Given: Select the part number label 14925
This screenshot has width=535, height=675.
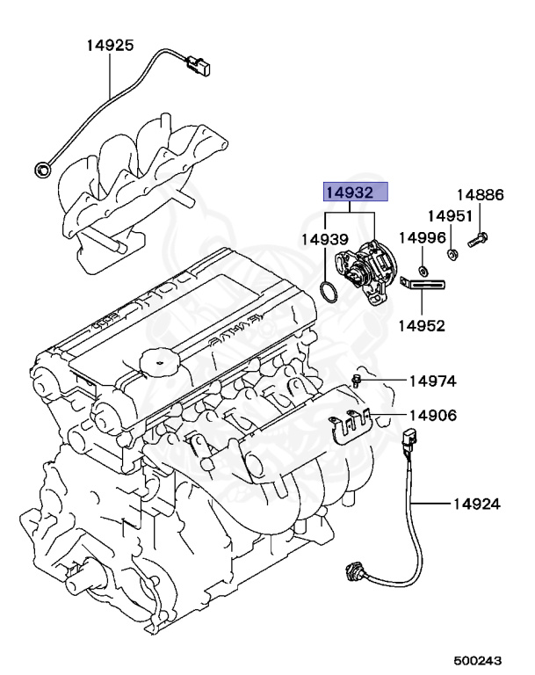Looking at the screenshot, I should coord(110,43).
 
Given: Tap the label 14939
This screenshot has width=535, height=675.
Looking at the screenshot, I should coord(325,238).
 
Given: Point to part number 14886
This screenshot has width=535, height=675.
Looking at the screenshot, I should coord(479,195).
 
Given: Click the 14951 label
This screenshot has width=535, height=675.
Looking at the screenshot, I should coord(450,216).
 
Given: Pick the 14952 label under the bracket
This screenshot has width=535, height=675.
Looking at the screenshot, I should coord(423,325).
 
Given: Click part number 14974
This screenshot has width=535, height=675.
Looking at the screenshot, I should coord(431,381).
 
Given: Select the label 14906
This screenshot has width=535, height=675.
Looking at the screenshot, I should coord(431,416).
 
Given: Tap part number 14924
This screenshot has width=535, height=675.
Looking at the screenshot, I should coord(477,504).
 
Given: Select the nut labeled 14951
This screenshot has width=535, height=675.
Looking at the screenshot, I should coord(452,255).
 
